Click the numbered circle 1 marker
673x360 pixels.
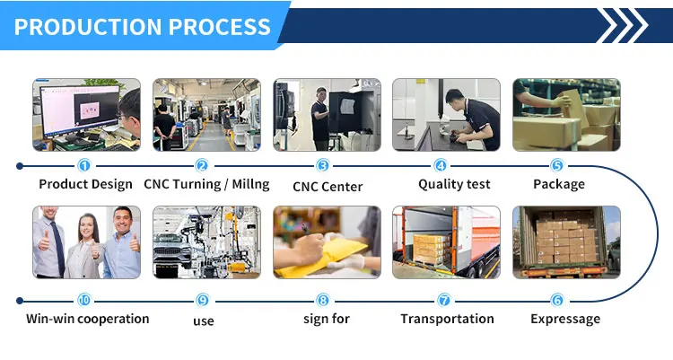pos(84,165)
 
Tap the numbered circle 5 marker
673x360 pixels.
pos(556,165)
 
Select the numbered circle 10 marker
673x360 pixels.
pos(84,300)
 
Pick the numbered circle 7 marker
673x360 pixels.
pos(443,300)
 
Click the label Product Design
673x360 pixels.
pos(85,184)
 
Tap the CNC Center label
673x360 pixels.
pos(328,187)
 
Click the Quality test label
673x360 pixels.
pos(454,184)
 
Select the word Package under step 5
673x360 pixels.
pos(558,184)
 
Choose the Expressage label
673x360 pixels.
pos(564,319)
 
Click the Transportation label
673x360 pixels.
pos(447,319)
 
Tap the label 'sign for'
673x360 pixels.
pos(328,319)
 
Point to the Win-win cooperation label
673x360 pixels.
pos(87,319)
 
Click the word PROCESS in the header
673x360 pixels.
pos(223,26)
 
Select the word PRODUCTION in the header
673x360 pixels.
pos(86,26)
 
